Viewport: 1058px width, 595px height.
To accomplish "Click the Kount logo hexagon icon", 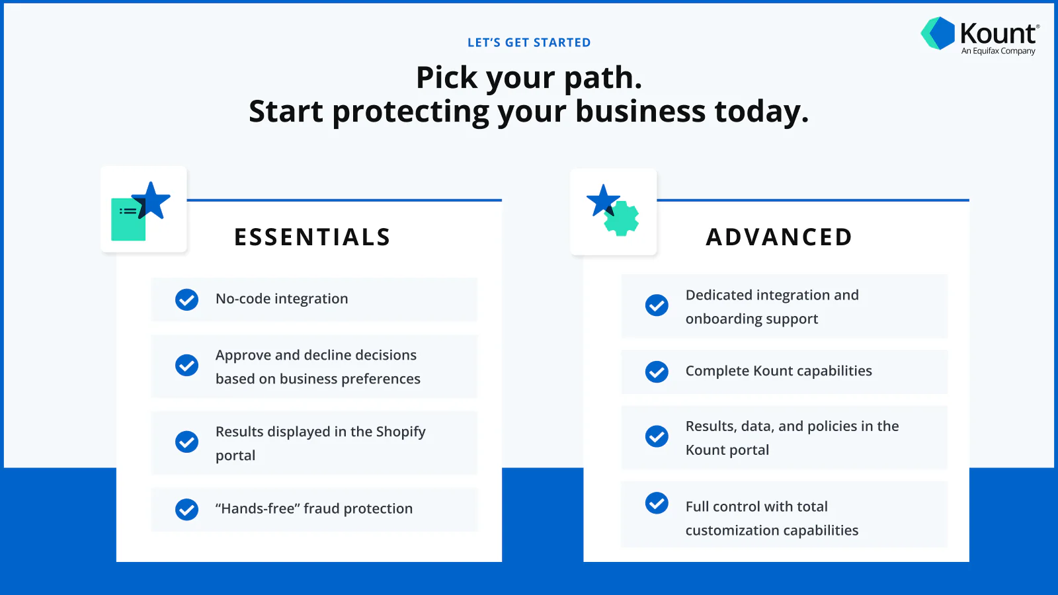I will coord(938,33).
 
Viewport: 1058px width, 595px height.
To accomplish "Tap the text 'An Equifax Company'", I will coord(998,52).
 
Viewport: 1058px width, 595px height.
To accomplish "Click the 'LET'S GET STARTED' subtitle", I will coord(529,43).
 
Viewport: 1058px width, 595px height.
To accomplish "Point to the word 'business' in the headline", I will coord(640,111).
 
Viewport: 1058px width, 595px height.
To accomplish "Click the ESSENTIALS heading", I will coord(312,237).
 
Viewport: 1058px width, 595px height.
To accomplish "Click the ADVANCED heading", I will coord(779,237).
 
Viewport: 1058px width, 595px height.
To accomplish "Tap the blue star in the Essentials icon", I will coord(152,199).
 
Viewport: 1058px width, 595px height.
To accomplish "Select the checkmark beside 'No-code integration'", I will coord(186,299).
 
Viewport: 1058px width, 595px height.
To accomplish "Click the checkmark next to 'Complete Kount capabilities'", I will coord(657,372).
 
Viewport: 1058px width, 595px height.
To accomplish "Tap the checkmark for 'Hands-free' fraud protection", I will coord(186,509).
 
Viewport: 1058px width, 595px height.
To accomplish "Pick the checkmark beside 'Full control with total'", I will coord(657,503).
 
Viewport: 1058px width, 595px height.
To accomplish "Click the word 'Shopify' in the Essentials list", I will coord(401,432).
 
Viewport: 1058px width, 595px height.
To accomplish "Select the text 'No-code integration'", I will coord(282,299).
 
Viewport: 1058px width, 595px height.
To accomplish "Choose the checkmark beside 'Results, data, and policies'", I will coord(657,436).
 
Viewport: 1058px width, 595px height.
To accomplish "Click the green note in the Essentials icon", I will coord(126,221).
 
